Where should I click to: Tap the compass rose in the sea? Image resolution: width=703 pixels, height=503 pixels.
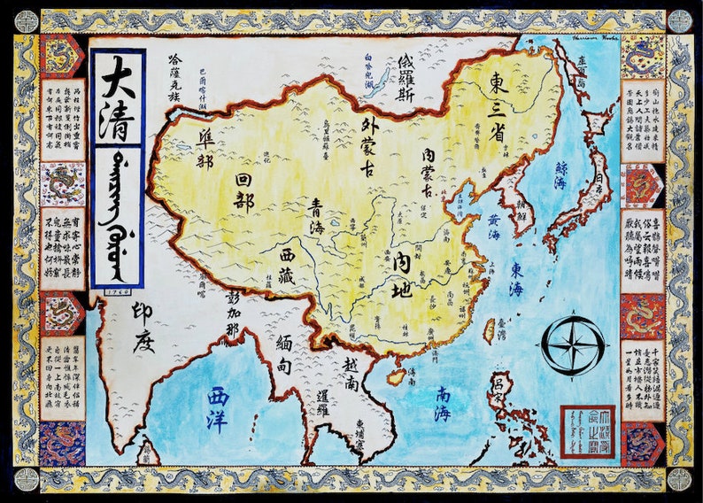(x=573, y=344)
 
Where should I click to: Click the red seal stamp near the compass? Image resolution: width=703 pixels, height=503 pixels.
(x=586, y=431)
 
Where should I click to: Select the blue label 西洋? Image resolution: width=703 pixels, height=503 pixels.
(x=217, y=407)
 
